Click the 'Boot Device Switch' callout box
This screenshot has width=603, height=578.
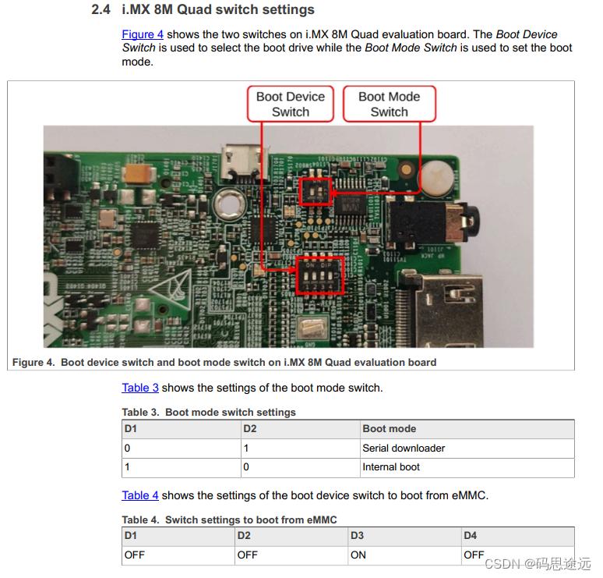point(291,105)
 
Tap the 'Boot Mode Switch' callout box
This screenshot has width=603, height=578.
point(389,105)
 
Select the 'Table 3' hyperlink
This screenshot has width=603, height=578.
point(140,388)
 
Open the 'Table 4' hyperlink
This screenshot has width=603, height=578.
point(140,495)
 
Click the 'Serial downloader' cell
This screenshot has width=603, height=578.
point(404,449)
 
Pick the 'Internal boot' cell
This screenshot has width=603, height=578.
point(391,467)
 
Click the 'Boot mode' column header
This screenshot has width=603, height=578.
point(389,429)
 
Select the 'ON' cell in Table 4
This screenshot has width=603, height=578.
point(358,555)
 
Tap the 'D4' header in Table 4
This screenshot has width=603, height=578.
point(470,536)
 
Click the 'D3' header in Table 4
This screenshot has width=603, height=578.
point(357,536)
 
